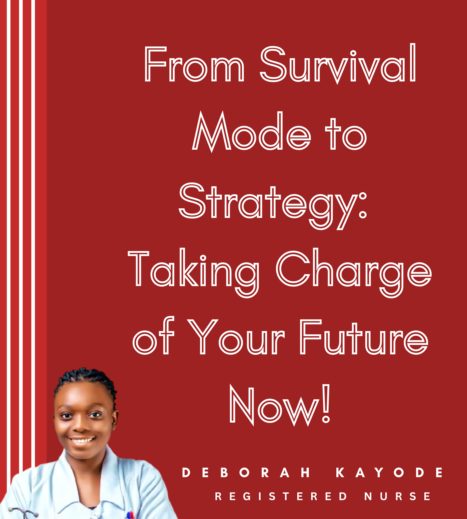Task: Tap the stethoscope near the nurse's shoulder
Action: click(23, 512)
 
